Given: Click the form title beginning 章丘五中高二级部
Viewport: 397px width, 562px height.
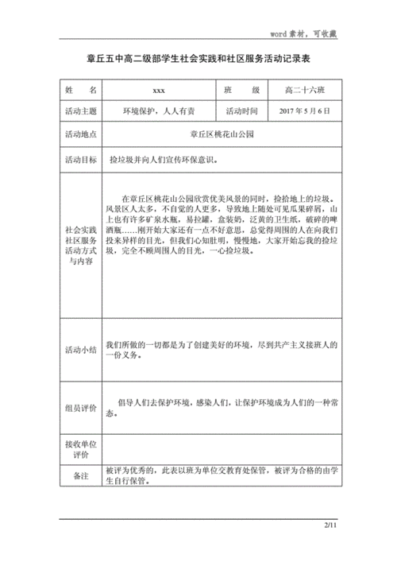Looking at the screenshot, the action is (198, 59).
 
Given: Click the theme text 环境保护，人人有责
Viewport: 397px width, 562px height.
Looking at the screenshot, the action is (159, 111).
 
